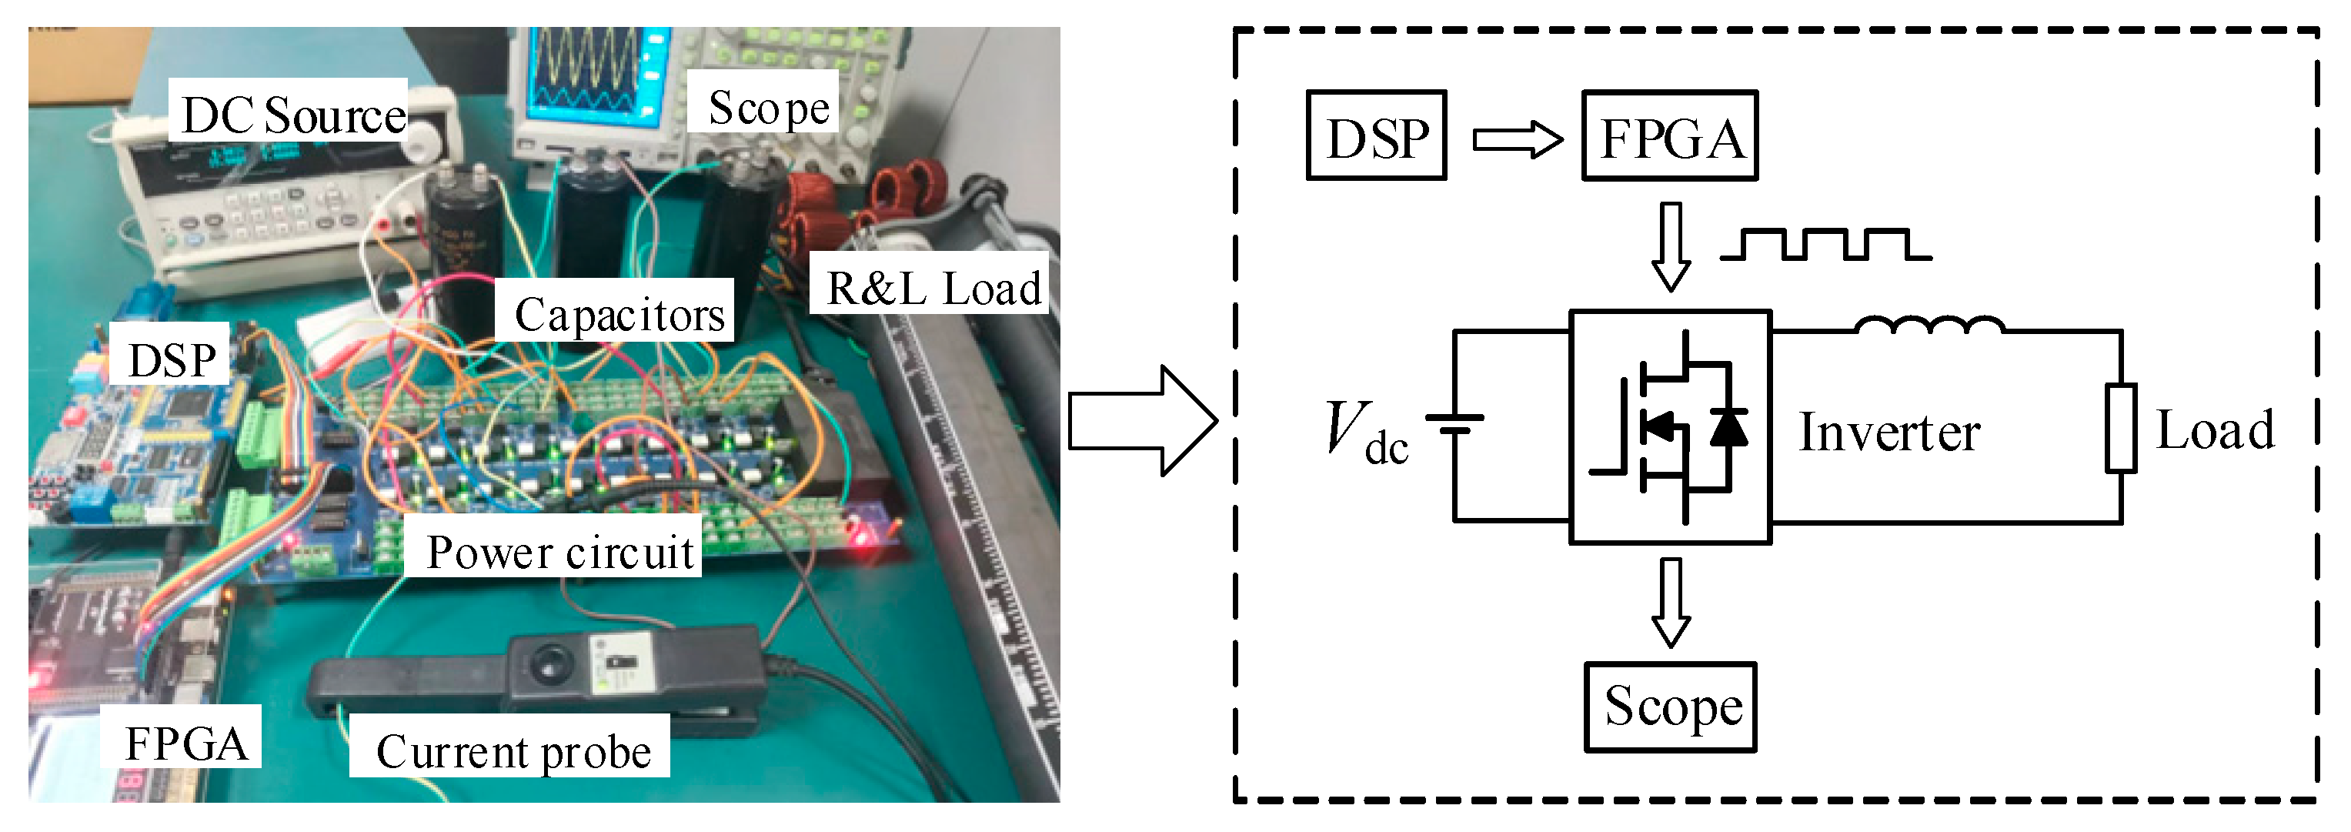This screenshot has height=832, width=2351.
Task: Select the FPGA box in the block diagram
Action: (1669, 136)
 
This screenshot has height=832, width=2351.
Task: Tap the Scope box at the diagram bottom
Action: (1671, 707)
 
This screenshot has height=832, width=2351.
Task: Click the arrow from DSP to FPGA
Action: (1518, 139)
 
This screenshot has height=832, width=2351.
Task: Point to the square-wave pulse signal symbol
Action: (1825, 246)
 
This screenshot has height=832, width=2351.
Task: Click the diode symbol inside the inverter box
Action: (1728, 427)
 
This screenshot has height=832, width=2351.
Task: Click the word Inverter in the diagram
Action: (1889, 432)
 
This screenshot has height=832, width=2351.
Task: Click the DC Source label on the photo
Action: (292, 116)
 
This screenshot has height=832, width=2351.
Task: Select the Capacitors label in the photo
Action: (619, 314)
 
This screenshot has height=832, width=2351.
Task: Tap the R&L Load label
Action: (932, 289)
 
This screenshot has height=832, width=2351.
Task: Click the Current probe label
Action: (513, 751)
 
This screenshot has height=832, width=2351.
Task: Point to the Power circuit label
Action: (559, 551)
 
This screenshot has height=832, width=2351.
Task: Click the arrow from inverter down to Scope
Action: (1671, 602)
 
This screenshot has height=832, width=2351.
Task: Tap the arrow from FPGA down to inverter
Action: (1671, 246)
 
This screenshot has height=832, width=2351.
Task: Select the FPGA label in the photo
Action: (186, 743)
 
